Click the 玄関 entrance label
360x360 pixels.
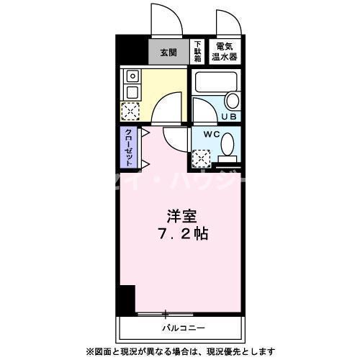click(168, 52)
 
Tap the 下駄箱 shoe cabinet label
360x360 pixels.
click(197, 51)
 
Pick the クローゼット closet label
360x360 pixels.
click(127, 146)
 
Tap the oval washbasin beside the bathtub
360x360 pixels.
click(233, 101)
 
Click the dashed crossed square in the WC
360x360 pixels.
click(202, 156)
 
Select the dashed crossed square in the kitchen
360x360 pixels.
click(131, 111)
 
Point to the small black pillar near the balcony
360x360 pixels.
click(127, 298)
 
